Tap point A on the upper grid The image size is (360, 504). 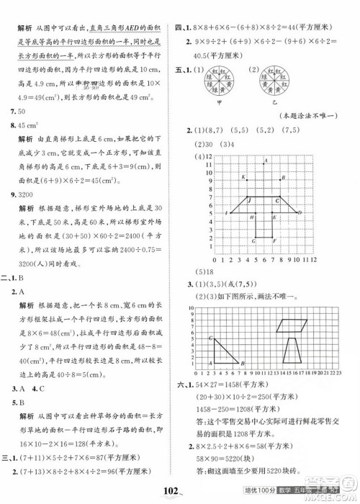(266, 159)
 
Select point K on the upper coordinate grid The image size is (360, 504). (245, 176)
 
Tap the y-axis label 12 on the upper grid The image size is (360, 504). (208, 156)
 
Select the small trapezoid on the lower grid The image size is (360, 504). (297, 354)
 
